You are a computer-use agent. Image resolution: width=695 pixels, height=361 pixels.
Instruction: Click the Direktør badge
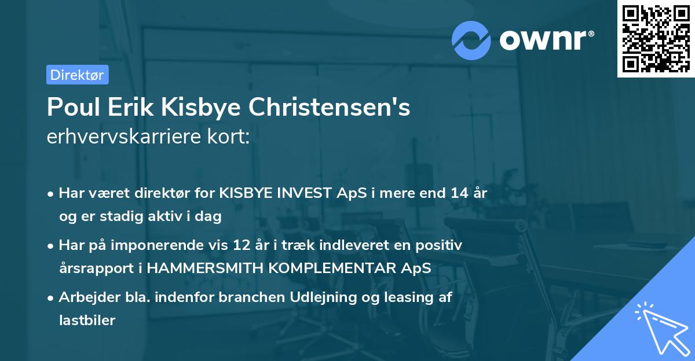point(77,75)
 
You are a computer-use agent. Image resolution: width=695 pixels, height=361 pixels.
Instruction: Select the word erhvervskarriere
point(123,137)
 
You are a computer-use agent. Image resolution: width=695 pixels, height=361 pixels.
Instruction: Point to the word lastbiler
point(87,321)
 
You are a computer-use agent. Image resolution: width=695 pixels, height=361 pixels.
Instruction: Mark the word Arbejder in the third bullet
point(84,297)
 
